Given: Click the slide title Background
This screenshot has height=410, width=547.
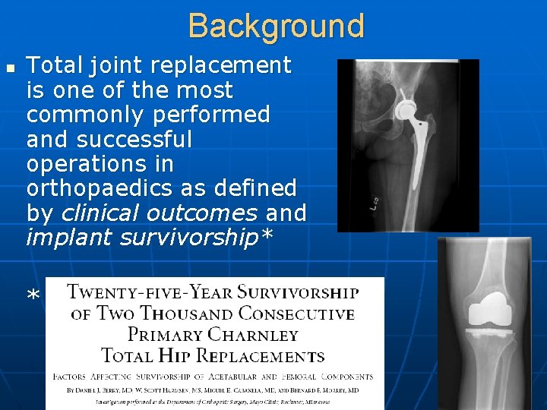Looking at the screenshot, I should [x=277, y=25].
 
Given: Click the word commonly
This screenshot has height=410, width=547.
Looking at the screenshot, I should [x=80, y=115].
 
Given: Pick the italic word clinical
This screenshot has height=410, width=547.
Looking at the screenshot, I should [x=96, y=212].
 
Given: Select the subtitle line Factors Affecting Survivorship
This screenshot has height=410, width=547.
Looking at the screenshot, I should [x=213, y=376].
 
